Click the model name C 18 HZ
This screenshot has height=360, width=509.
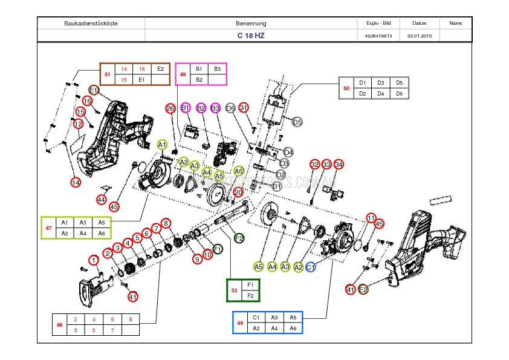[251, 36]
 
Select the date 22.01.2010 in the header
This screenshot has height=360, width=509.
[419, 36]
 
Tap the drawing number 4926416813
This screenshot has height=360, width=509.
[378, 36]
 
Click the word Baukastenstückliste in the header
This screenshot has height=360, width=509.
[91, 23]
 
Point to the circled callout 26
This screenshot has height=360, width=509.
[170, 108]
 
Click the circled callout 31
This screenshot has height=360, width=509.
[244, 108]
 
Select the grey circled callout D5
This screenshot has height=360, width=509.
[297, 122]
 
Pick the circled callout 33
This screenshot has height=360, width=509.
[326, 165]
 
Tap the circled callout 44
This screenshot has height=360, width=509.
[101, 200]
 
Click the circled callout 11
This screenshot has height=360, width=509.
[371, 218]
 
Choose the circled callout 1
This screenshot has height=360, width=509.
[93, 260]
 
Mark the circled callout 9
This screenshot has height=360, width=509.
[197, 259]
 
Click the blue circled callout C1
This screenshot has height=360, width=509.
[311, 267]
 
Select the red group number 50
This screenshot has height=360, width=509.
[346, 88]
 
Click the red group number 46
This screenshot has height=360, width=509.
[60, 325]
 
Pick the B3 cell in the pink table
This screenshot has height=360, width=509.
[218, 69]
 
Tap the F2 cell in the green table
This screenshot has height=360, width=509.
[250, 295]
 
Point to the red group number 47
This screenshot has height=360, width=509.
[48, 227]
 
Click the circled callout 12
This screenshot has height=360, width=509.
[78, 124]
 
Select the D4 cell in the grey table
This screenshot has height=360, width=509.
[381, 94]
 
